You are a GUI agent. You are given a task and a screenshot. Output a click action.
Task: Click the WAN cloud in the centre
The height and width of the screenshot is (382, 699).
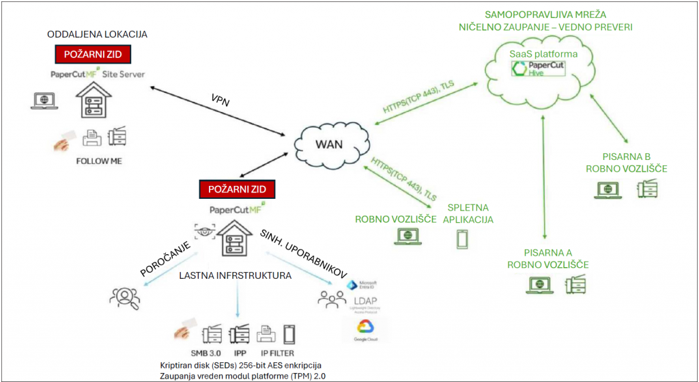pyautogui.click(x=328, y=144)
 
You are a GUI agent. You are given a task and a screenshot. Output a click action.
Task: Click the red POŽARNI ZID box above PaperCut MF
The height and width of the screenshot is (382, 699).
pyautogui.click(x=236, y=188)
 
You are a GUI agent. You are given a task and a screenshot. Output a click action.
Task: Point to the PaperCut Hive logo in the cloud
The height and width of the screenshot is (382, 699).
pyautogui.click(x=543, y=69)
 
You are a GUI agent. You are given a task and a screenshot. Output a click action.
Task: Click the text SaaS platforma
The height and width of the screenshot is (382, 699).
pyautogui.click(x=543, y=53)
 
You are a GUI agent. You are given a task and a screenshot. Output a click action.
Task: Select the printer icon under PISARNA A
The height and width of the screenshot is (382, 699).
pyautogui.click(x=576, y=283)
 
